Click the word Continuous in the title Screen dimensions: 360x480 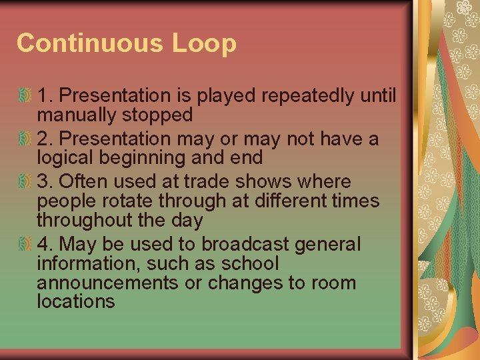(90, 43)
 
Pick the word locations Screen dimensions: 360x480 (76, 301)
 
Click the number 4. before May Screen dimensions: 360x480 (44, 244)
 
